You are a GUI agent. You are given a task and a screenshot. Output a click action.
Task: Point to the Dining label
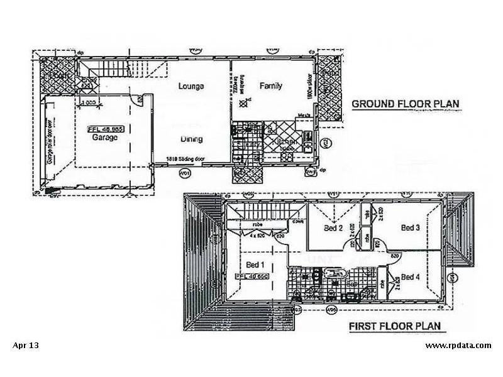[x=191, y=140]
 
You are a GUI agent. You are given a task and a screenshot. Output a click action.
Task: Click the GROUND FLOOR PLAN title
[x=406, y=104]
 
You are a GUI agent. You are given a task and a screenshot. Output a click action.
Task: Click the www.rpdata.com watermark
[x=458, y=345]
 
